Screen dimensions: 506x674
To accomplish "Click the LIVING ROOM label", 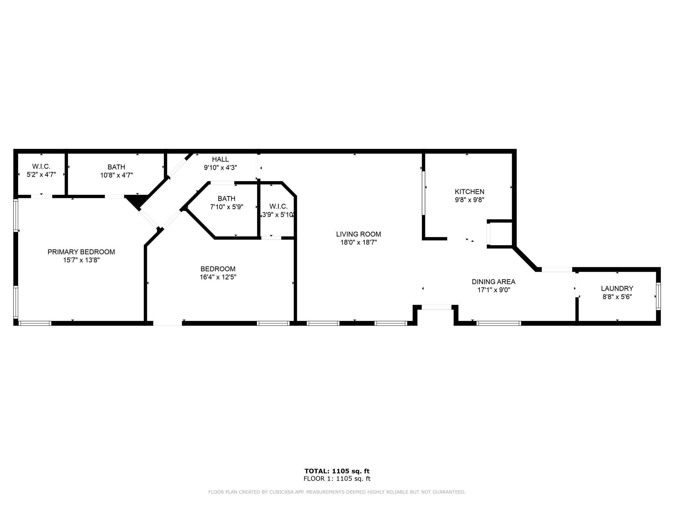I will [x=358, y=234].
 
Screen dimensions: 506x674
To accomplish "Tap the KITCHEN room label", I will [x=469, y=192].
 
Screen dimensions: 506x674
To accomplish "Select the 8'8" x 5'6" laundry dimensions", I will [x=617, y=297].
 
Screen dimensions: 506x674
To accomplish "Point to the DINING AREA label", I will [x=493, y=282].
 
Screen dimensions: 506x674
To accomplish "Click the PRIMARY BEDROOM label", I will [x=81, y=252].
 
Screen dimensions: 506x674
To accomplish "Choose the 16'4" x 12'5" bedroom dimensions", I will [x=218, y=277].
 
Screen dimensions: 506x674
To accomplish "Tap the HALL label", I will [x=220, y=159].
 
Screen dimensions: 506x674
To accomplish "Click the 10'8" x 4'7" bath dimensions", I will [x=117, y=175].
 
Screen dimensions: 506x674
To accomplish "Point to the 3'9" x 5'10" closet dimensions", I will [x=278, y=215].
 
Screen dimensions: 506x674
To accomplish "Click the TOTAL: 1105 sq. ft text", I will [x=337, y=471].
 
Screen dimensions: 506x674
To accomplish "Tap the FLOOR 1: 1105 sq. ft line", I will [x=337, y=479].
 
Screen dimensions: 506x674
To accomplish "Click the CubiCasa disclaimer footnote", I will [x=337, y=492].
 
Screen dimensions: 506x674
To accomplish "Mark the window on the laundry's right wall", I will [x=658, y=296].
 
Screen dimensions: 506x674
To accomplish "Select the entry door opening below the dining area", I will [x=436, y=307].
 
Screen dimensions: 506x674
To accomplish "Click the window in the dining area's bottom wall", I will [x=499, y=323].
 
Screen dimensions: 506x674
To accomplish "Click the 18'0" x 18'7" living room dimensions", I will [x=358, y=243].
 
